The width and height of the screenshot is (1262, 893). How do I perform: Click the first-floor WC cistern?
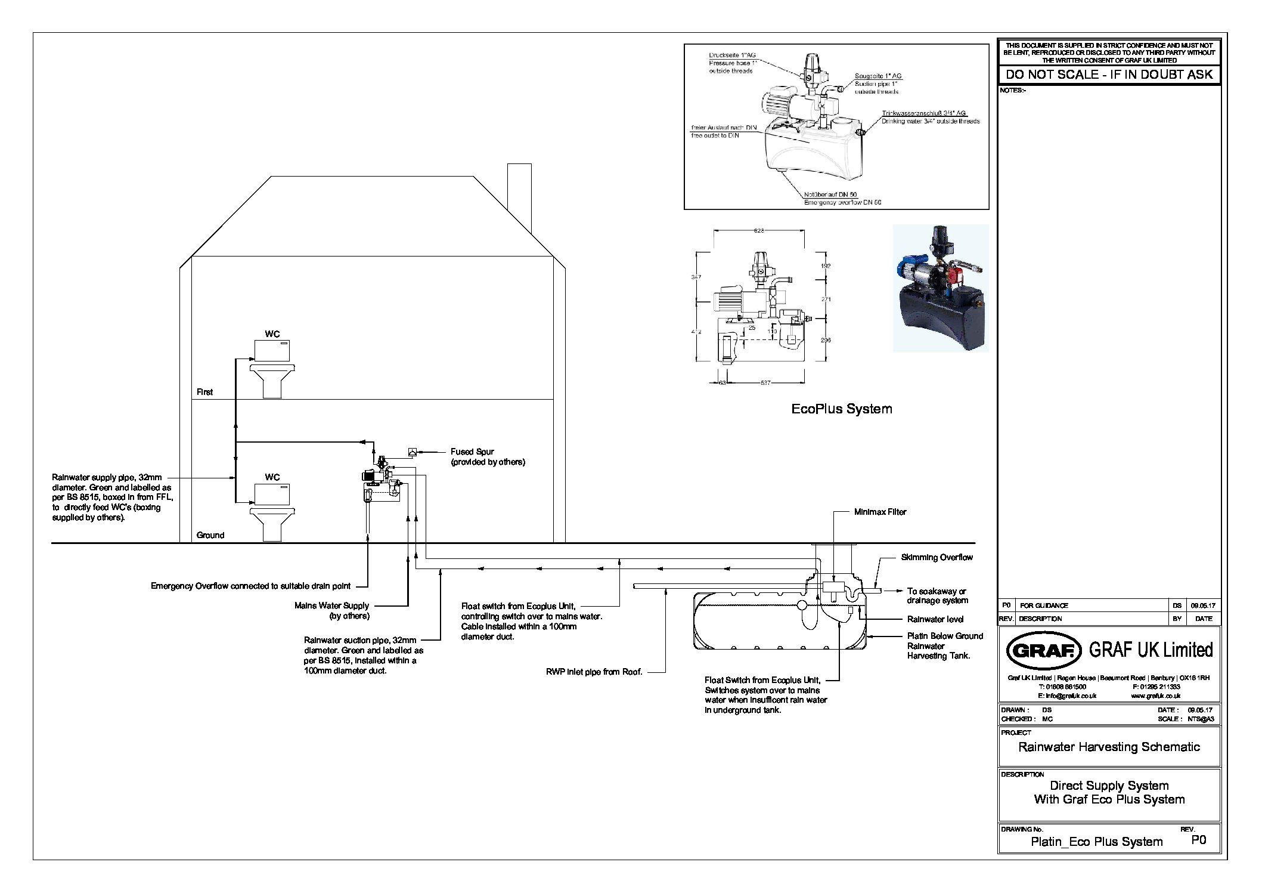click(x=272, y=350)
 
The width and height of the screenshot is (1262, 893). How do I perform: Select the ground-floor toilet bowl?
click(x=272, y=522)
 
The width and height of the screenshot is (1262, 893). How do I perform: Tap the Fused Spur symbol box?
click(x=411, y=452)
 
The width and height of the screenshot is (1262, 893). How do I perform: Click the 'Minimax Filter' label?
click(x=880, y=512)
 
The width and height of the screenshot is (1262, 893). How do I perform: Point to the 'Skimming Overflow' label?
click(x=937, y=557)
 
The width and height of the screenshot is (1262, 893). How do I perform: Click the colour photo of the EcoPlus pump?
click(x=940, y=288)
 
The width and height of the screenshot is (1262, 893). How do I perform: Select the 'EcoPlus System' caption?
click(x=841, y=409)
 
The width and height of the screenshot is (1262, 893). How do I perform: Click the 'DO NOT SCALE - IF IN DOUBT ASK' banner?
click(x=1109, y=75)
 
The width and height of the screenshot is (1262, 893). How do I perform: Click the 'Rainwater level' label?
click(x=935, y=619)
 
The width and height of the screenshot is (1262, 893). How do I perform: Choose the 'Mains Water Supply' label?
click(x=331, y=605)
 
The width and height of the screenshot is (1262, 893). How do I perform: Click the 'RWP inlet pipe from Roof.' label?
click(x=594, y=672)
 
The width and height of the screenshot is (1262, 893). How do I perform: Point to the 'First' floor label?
click(x=204, y=392)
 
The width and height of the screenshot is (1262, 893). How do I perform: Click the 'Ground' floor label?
click(x=210, y=535)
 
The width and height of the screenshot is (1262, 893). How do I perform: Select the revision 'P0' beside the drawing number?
click(x=1198, y=839)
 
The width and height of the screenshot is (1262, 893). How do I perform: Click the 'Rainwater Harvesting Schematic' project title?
click(x=1109, y=747)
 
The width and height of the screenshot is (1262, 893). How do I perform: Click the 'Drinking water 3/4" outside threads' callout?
click(x=931, y=121)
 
